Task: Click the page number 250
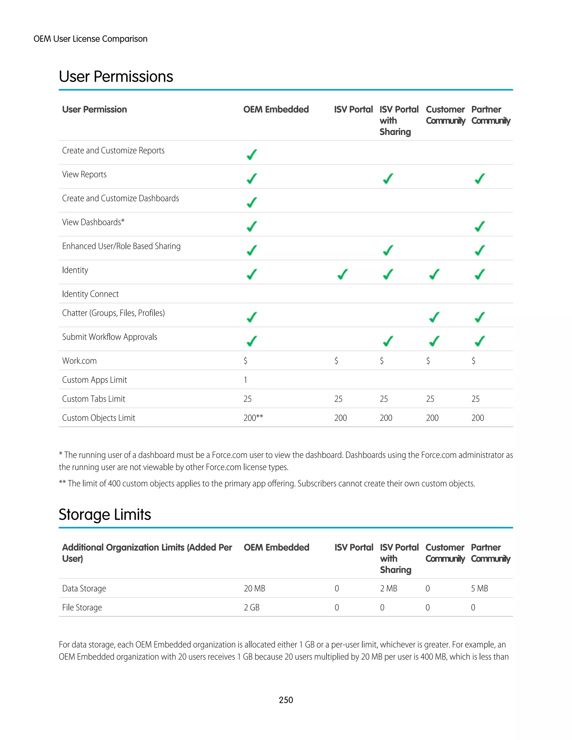[x=286, y=700]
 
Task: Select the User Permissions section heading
[x=116, y=77]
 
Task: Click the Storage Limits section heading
[x=105, y=514]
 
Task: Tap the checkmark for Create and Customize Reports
[x=251, y=154]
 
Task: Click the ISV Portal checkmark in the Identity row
[x=343, y=274]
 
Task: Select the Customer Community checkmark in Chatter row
[x=434, y=317]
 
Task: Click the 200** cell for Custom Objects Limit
[x=253, y=418]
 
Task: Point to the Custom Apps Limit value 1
[x=245, y=380]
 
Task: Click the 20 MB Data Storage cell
[x=254, y=589]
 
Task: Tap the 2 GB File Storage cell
[x=251, y=608]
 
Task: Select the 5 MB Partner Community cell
[x=479, y=589]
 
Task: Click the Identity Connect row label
[x=90, y=294]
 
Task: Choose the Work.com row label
[x=79, y=361]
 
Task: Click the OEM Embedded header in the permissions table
[x=276, y=109]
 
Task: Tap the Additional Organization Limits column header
[x=147, y=553]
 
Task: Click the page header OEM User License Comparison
[x=90, y=39]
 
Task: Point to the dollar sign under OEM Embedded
[x=245, y=361]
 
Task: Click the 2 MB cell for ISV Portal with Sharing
[x=388, y=589]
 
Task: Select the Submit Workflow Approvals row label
[x=109, y=337]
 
